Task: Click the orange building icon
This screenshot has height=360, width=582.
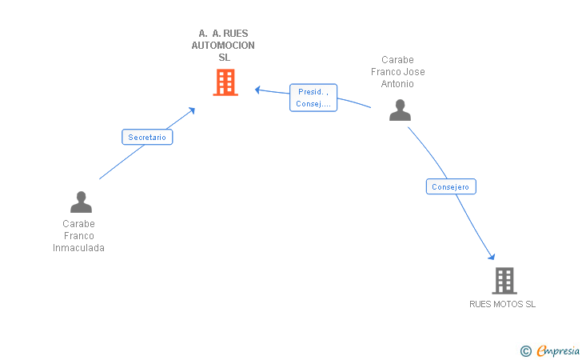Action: click(225, 82)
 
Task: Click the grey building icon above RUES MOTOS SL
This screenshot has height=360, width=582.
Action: click(504, 281)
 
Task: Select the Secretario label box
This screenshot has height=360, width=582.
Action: click(147, 137)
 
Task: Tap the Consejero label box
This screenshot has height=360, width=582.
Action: click(451, 186)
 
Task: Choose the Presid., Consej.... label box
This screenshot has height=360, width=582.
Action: click(313, 98)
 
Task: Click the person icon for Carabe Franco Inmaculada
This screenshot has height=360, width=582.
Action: click(81, 202)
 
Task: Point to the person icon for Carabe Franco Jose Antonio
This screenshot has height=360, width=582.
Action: click(400, 110)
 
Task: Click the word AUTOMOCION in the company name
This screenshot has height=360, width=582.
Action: click(223, 46)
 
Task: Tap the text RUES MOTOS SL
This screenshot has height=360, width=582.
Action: click(502, 304)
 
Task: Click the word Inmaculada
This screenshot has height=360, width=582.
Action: click(78, 248)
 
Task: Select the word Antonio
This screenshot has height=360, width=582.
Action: click(397, 84)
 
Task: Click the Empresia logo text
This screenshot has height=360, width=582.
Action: click(558, 350)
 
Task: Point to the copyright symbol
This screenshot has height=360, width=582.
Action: click(525, 350)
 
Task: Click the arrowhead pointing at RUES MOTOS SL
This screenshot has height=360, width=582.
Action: click(492, 257)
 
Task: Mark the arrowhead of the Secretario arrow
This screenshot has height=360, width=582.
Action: click(192, 110)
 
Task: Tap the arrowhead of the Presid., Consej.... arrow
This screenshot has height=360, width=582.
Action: click(257, 90)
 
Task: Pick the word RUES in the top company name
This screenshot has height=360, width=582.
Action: click(236, 34)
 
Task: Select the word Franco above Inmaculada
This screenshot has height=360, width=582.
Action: click(78, 236)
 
